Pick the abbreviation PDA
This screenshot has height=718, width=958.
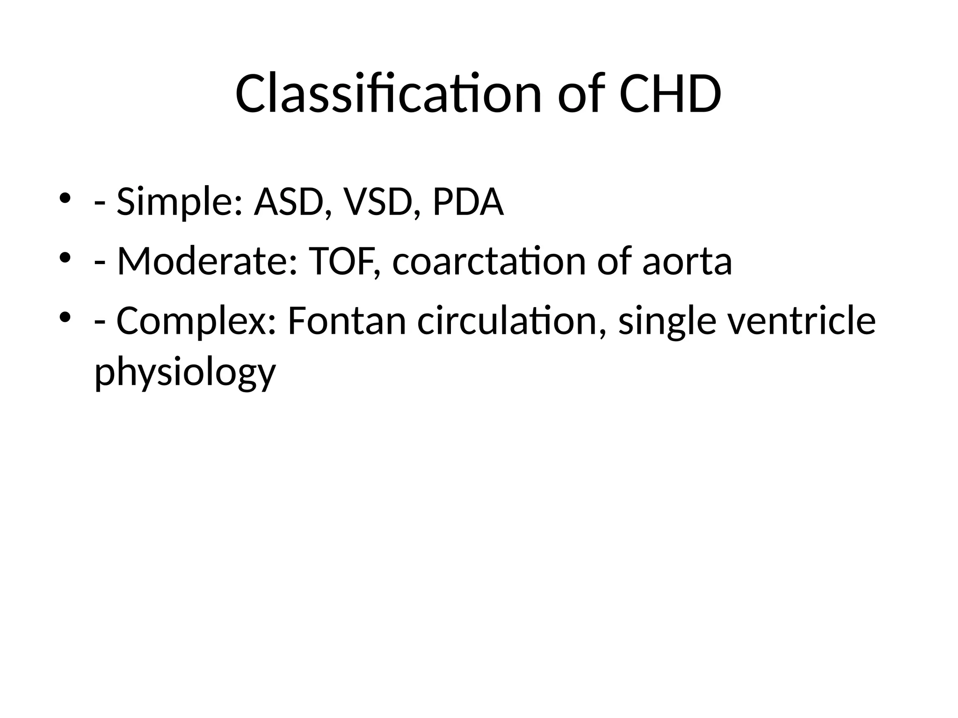[x=468, y=202]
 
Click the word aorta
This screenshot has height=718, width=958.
[x=687, y=262]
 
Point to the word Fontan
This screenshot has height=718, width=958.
[x=346, y=322]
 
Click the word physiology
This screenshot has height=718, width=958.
[x=185, y=373]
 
